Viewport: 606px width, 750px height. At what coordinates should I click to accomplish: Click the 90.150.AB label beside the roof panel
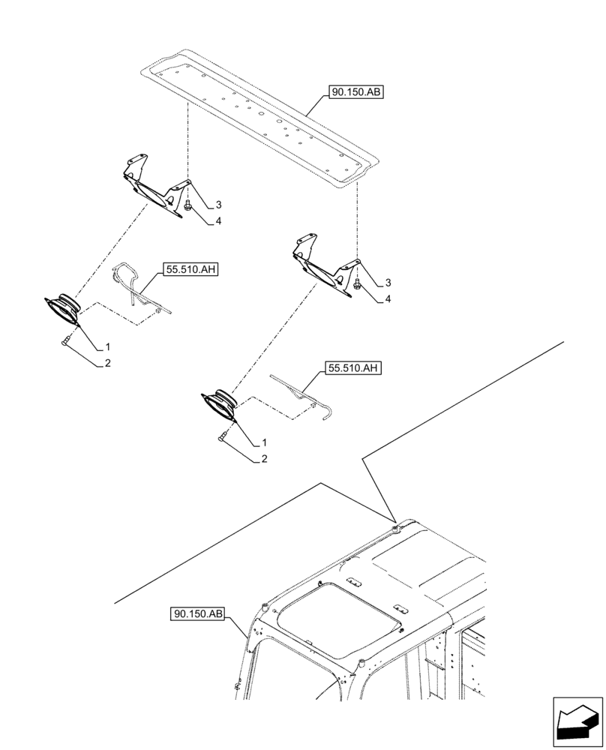click(355, 94)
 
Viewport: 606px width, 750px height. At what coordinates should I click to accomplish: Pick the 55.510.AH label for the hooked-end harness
click(353, 368)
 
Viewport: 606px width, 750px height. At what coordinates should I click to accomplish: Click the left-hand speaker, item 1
click(63, 308)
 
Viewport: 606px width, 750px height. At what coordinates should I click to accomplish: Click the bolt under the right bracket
click(357, 283)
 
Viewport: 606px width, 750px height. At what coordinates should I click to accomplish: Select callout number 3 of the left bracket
click(218, 205)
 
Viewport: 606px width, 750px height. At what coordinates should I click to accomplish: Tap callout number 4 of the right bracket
click(388, 299)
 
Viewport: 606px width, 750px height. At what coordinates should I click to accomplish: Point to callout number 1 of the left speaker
click(108, 347)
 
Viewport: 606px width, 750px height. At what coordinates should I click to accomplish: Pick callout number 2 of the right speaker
click(265, 458)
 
